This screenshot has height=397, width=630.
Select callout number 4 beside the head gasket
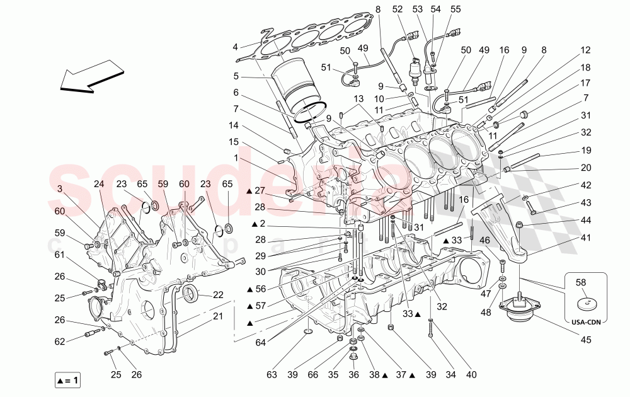click(x=235, y=47)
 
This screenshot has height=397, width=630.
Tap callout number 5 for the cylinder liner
click(x=235, y=77)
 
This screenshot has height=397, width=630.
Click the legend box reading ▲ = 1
click(x=67, y=381)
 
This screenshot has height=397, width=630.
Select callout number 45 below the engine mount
click(x=586, y=341)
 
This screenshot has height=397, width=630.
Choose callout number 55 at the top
click(x=455, y=9)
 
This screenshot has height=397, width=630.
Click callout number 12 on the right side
click(x=585, y=50)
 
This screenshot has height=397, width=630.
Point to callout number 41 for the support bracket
click(x=586, y=238)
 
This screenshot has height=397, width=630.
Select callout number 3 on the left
click(x=59, y=189)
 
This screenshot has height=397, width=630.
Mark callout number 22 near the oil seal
click(x=218, y=295)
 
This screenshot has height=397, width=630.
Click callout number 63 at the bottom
click(x=271, y=376)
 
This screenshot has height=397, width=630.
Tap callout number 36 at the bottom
click(x=353, y=376)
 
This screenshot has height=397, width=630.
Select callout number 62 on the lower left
click(x=59, y=342)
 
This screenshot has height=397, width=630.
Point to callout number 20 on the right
click(x=585, y=168)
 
